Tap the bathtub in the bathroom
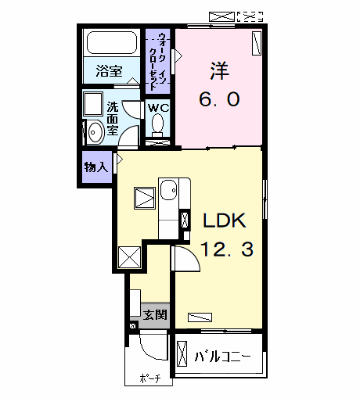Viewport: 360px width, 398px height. pyautogui.click(x=110, y=44)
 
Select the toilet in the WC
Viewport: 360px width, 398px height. pyautogui.click(x=159, y=124)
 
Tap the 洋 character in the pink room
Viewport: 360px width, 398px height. pyautogui.click(x=218, y=70)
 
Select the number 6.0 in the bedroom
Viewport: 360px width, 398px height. pyautogui.click(x=218, y=99)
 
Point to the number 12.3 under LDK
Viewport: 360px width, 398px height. pyautogui.click(x=225, y=250)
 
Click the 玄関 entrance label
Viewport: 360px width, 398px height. pyautogui.click(x=154, y=315)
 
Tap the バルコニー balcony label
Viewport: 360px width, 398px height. pyautogui.click(x=222, y=357)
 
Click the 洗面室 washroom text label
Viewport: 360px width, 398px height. pyautogui.click(x=112, y=119)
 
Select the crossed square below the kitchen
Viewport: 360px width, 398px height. pyautogui.click(x=129, y=256)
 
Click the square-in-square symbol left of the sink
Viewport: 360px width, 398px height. pyautogui.click(x=144, y=199)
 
